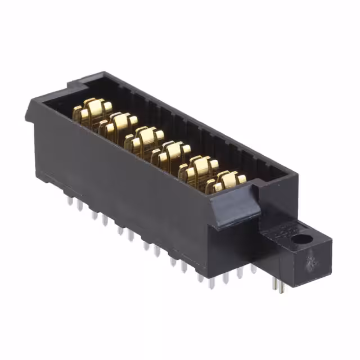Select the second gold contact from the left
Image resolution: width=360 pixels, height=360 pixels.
coord(118,125)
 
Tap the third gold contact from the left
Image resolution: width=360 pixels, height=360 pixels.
coord(144,139)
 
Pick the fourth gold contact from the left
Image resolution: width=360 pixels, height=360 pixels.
coord(171,153)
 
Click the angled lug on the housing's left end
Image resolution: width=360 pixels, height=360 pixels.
coord(30,112)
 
